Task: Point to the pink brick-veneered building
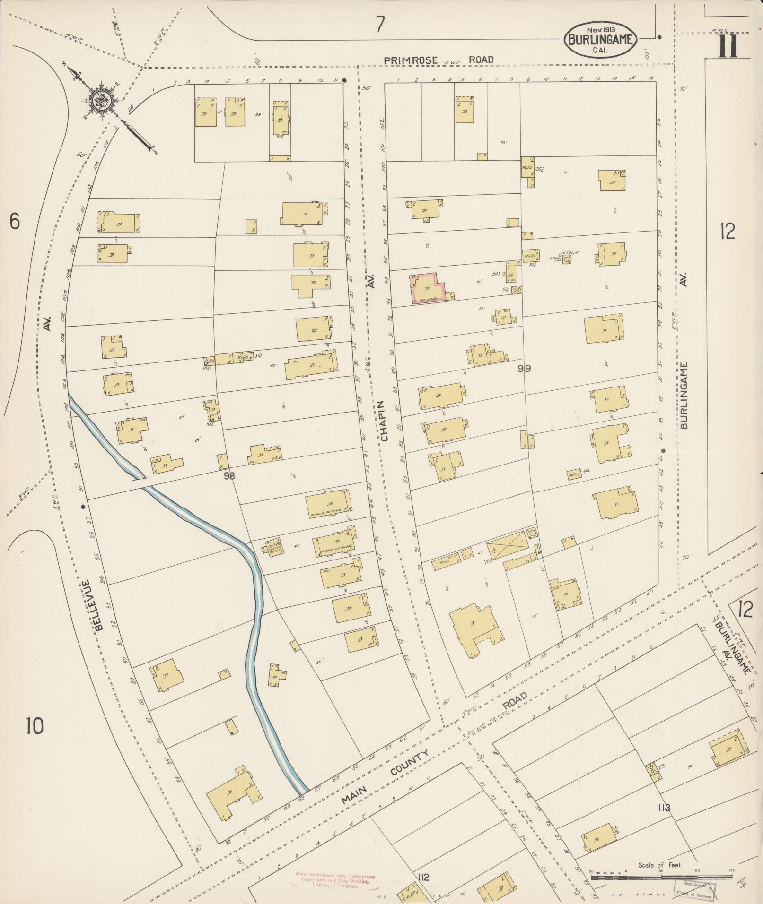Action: (x=427, y=288)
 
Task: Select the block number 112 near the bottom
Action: (x=423, y=878)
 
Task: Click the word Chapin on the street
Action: (x=384, y=421)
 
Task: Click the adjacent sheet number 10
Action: (x=35, y=725)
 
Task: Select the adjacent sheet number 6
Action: (x=15, y=221)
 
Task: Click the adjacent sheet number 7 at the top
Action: (x=380, y=24)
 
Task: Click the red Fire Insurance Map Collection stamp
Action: (x=335, y=879)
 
